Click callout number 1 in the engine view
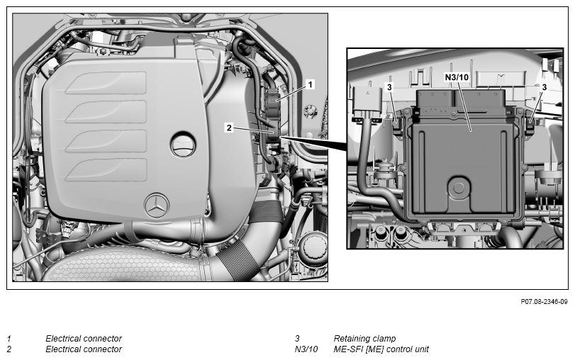pos(310,84)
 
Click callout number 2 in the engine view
pos(229,128)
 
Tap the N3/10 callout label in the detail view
pos(457,77)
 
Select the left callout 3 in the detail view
pos(389,87)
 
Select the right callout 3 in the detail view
pos(545,87)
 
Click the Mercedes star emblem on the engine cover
pos(157,206)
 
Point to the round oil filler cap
pos(183,144)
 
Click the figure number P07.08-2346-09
pos(544,302)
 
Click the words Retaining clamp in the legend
pos(364,338)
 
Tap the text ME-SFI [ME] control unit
pos(381,349)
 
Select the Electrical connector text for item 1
pos(84,338)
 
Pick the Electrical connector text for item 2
pos(84,349)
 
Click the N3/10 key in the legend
pos(306,349)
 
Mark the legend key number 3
pos(297,338)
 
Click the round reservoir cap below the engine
pos(313,246)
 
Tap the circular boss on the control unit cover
pos(459,188)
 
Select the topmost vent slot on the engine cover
pos(106,83)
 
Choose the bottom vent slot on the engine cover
pos(106,170)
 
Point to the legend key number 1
pos(9,338)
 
